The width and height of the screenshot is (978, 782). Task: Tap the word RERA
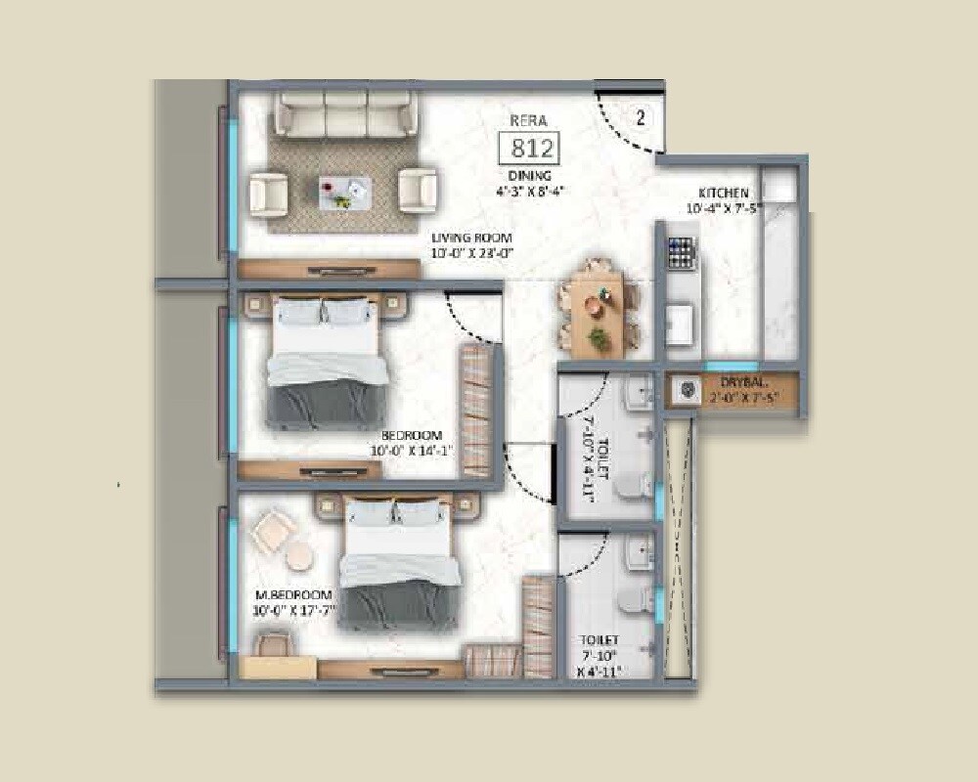coord(527,120)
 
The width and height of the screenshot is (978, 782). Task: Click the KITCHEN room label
coord(724,193)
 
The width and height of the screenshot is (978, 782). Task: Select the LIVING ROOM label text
coord(473,238)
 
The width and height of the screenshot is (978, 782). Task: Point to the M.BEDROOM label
coord(293,595)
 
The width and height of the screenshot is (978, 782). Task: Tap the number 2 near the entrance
coord(641,119)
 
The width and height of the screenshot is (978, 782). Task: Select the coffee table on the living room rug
coord(344,191)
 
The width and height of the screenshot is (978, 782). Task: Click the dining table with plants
coord(596,306)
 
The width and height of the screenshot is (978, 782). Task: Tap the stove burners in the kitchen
coord(681,252)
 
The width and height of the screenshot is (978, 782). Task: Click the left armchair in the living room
coord(268,192)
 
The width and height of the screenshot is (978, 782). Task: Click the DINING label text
coord(529,176)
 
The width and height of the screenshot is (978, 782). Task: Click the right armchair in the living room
coord(418,191)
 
